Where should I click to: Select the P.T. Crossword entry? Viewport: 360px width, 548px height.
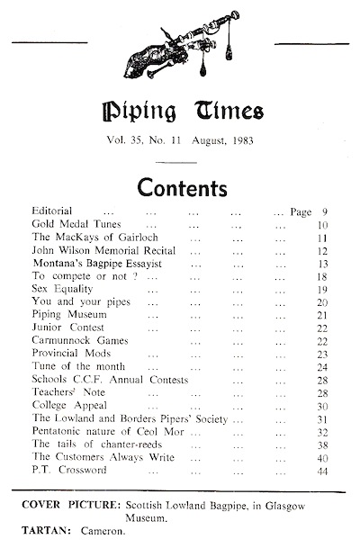coord(67,469)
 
